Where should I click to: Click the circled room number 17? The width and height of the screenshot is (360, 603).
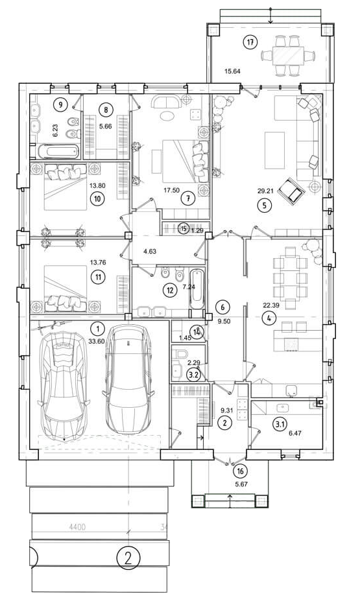point(250,43)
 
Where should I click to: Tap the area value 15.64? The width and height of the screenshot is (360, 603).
point(232,71)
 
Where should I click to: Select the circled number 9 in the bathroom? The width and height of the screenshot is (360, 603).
point(60,104)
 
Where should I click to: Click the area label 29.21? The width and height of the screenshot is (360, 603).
point(265,190)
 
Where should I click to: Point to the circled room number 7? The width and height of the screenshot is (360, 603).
point(188,198)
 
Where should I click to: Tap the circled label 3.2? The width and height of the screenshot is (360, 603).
point(193,375)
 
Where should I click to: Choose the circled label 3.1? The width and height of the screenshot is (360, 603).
point(279,425)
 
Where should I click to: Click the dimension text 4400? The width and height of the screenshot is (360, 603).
point(77,527)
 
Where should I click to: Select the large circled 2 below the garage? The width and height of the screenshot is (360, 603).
point(128,557)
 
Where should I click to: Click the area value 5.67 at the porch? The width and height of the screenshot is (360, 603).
point(241,484)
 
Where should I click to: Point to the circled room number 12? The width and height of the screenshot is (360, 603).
point(170,290)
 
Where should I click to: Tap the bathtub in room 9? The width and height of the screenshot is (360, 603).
point(58,151)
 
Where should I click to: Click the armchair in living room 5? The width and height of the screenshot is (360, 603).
point(291,190)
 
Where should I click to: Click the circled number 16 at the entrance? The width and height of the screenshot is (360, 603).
point(241,471)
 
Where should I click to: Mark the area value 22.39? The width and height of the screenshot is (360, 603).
point(271,305)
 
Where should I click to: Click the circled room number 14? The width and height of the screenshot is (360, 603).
point(197,332)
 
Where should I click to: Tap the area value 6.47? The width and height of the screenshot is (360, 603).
point(294,432)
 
